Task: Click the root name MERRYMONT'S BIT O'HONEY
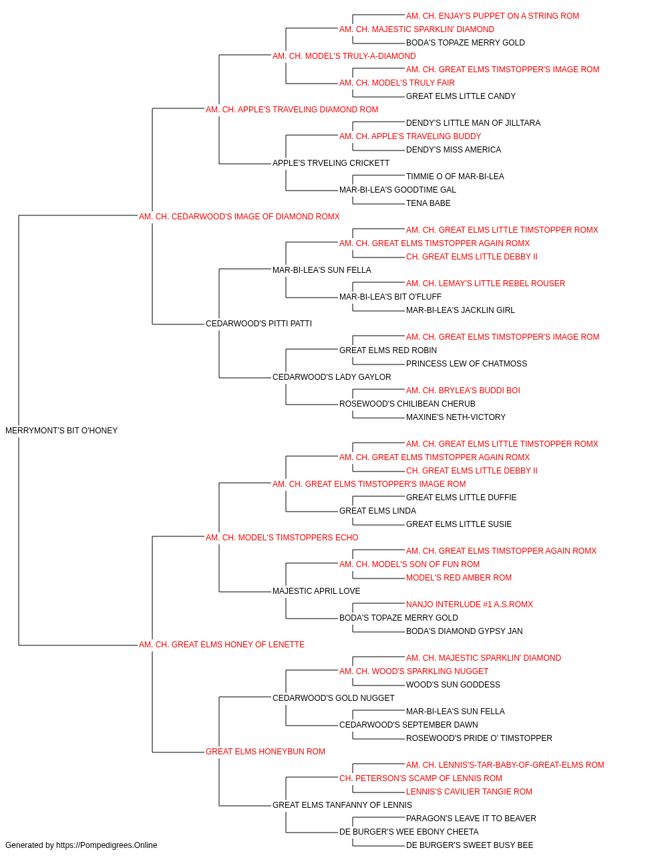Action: click(61, 431)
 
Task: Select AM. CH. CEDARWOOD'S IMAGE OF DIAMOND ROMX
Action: click(239, 216)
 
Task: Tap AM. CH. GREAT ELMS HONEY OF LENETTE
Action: click(222, 645)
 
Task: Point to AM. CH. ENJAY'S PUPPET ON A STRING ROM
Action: click(492, 16)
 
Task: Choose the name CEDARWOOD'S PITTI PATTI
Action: click(259, 324)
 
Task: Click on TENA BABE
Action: click(428, 203)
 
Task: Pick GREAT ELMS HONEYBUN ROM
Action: click(265, 752)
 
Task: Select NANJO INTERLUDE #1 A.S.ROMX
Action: click(470, 605)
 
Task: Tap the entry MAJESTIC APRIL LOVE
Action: click(316, 591)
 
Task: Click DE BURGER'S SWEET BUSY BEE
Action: click(470, 845)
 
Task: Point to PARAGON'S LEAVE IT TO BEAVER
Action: click(471, 818)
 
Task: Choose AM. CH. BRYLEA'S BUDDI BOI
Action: click(463, 391)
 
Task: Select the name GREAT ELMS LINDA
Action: click(377, 510)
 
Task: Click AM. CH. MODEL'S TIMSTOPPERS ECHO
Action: click(282, 537)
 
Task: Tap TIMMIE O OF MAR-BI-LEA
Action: click(455, 176)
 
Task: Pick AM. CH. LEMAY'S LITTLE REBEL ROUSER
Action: click(486, 284)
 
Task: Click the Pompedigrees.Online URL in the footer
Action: click(107, 845)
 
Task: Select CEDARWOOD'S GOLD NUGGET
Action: click(333, 698)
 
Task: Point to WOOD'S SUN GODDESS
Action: click(453, 685)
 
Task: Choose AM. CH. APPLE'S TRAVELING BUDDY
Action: click(410, 136)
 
